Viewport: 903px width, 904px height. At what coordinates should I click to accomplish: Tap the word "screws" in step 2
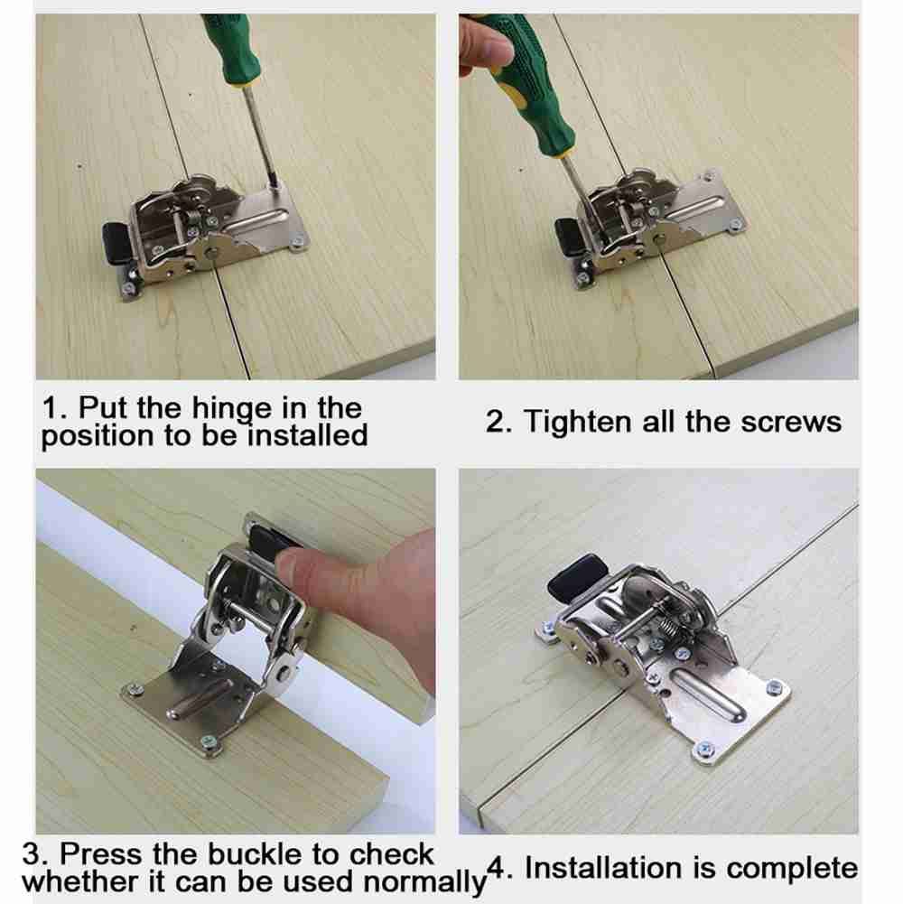coord(791,422)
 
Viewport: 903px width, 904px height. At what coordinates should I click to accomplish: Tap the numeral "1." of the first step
coord(54,408)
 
